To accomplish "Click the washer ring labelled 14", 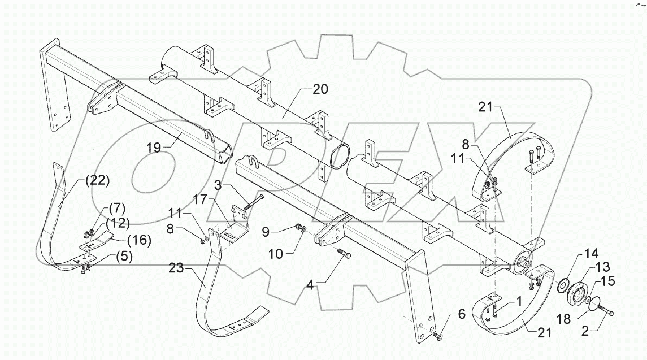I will click(x=562, y=286).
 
